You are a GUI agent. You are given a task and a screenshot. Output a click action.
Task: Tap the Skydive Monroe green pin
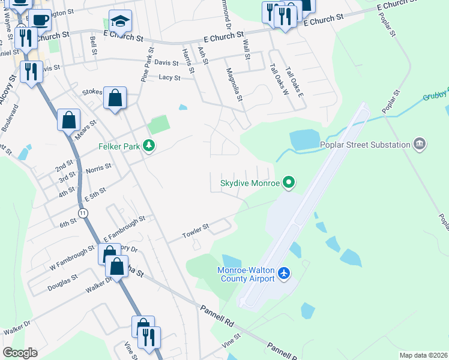click(x=289, y=183)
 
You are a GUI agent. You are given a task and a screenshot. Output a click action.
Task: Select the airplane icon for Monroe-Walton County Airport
click(x=284, y=274)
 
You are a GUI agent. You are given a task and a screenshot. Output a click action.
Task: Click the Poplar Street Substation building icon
click(x=420, y=144)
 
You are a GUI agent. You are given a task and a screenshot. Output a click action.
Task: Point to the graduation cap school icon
click(x=120, y=22)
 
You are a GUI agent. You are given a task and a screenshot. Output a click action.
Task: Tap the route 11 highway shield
click(x=83, y=213)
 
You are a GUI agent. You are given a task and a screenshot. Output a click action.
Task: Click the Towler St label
click(x=196, y=229)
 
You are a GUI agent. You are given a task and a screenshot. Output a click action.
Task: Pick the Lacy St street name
click(x=170, y=77)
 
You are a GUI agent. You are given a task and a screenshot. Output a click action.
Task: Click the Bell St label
click(x=94, y=46)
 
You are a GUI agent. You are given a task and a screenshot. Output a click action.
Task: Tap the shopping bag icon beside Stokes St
click(x=115, y=98)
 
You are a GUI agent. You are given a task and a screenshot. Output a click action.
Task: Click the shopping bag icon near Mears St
click(x=68, y=119)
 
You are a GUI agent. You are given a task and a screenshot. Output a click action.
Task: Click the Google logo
click(x=20, y=353)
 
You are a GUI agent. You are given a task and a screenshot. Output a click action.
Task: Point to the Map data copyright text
click(x=423, y=355)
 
